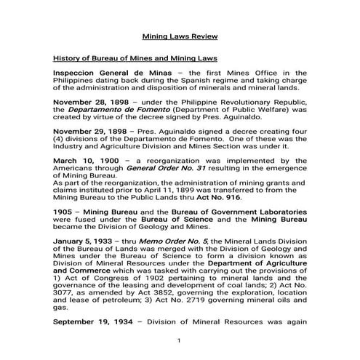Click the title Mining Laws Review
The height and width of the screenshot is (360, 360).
[179, 35]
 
